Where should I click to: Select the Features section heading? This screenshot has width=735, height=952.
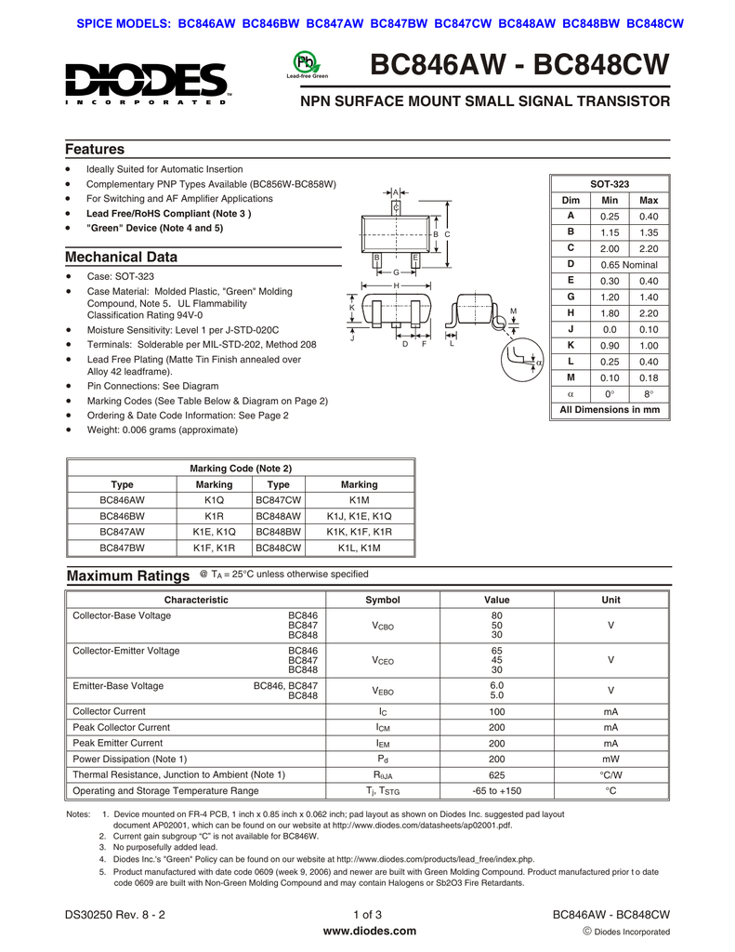click(x=95, y=150)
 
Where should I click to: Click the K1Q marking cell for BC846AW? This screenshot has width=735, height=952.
click(x=215, y=499)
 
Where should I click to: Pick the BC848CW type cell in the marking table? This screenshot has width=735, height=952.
click(x=279, y=548)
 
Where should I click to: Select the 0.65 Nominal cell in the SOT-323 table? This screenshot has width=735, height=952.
click(x=629, y=264)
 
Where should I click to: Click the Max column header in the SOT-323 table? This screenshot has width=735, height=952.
click(x=649, y=200)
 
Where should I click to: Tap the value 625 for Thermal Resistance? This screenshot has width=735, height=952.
click(x=496, y=773)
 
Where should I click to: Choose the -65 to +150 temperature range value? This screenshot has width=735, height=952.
click(x=496, y=790)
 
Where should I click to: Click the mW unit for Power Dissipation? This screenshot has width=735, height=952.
click(x=610, y=759)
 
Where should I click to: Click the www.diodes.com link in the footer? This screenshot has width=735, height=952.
click(x=368, y=931)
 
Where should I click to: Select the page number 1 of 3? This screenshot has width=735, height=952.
click(x=368, y=915)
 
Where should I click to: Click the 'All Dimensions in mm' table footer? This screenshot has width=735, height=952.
click(x=610, y=409)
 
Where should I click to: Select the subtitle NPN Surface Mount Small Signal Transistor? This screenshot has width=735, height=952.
click(x=483, y=100)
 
